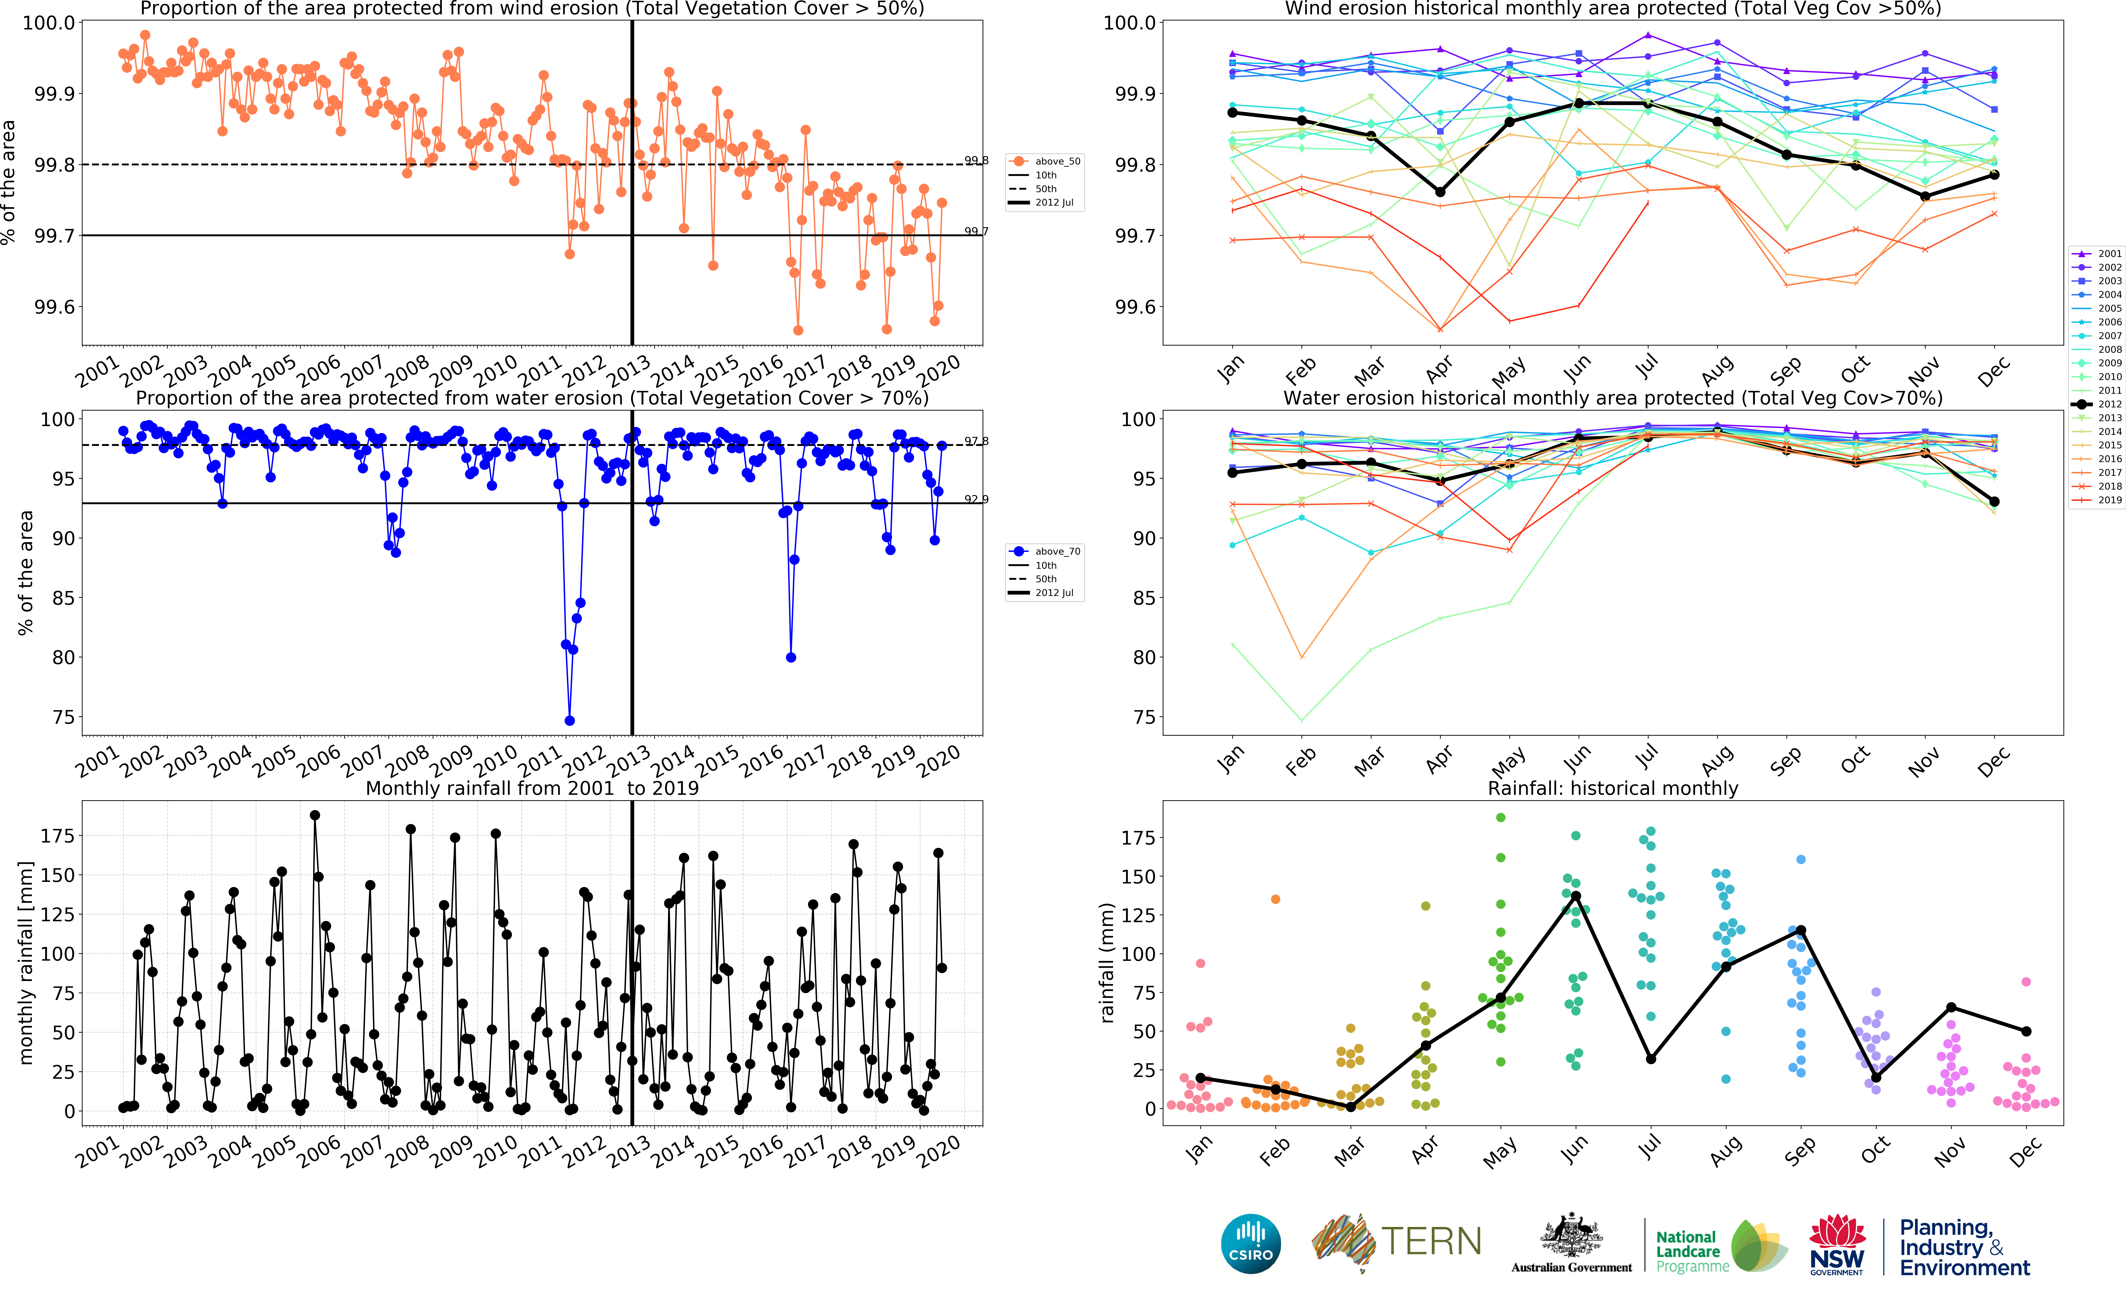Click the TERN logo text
(x=1432, y=1242)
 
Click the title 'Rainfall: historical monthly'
(x=1613, y=788)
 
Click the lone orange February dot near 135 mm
(x=1275, y=899)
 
